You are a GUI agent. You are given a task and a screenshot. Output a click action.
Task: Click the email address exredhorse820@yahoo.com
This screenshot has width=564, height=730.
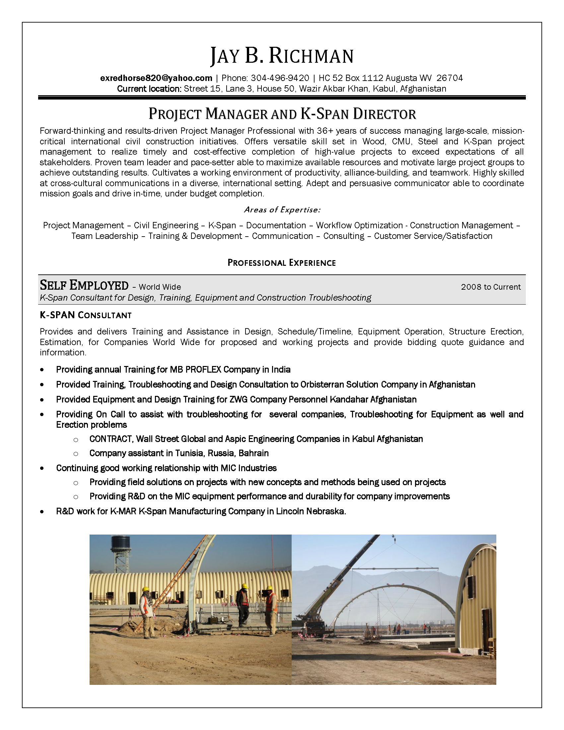click(156, 78)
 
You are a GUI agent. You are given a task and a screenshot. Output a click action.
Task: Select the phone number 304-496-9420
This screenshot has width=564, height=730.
click(280, 78)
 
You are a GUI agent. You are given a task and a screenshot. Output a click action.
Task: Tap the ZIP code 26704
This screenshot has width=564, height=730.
click(450, 78)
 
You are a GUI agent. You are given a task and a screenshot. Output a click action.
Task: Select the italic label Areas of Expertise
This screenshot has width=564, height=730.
click(282, 210)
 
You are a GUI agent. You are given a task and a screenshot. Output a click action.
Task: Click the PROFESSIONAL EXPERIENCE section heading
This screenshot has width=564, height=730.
click(282, 263)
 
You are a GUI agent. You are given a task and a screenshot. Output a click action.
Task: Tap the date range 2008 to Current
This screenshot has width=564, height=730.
click(490, 287)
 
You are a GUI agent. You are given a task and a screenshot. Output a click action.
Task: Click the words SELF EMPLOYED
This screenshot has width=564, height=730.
click(84, 285)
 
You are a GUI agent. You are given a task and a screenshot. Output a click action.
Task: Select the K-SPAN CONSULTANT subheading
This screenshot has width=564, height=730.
click(86, 315)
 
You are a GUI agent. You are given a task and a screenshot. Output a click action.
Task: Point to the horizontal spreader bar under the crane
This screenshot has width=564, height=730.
click(395, 568)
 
